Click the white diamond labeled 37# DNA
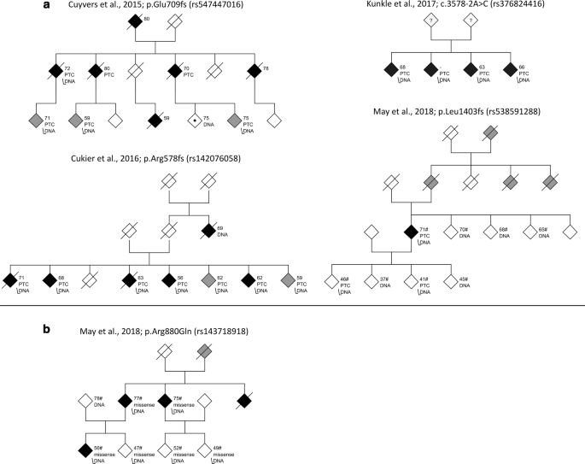[371, 279]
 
